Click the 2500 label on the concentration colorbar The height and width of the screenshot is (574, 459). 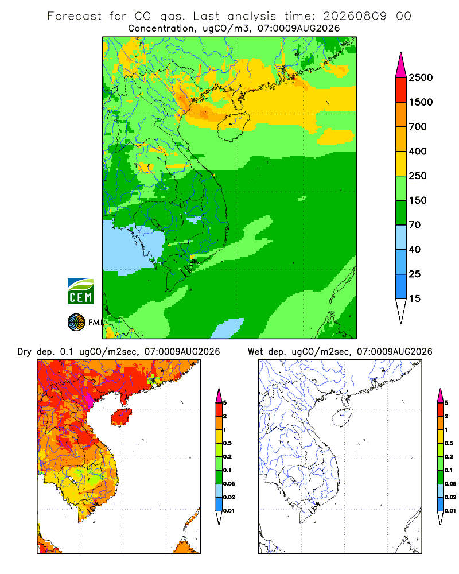pyautogui.click(x=421, y=77)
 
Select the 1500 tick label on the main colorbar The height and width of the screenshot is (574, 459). pyautogui.click(x=421, y=102)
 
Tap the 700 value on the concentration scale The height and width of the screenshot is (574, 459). pyautogui.click(x=418, y=127)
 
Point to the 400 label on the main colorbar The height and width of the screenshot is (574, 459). pyautogui.click(x=418, y=151)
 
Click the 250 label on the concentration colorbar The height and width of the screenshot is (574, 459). pyautogui.click(x=418, y=176)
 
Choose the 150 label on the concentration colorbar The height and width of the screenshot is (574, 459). pyautogui.click(x=418, y=200)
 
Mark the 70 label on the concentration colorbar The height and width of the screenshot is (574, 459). pyautogui.click(x=415, y=225)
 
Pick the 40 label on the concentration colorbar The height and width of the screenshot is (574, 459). pyautogui.click(x=415, y=249)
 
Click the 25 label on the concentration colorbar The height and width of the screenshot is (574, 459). pyautogui.click(x=415, y=274)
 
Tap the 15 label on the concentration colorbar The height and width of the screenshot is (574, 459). pyautogui.click(x=415, y=298)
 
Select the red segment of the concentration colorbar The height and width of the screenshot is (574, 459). pyautogui.click(x=401, y=90)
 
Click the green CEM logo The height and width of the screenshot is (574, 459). pyautogui.click(x=80, y=292)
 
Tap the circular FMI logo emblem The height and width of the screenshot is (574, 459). pyautogui.click(x=76, y=323)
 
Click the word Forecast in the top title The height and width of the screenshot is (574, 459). pyautogui.click(x=75, y=16)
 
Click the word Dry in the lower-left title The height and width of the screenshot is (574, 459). pyautogui.click(x=25, y=352)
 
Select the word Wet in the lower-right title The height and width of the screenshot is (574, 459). pyautogui.click(x=255, y=352)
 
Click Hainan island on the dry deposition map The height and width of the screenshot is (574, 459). pyautogui.click(x=121, y=417)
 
